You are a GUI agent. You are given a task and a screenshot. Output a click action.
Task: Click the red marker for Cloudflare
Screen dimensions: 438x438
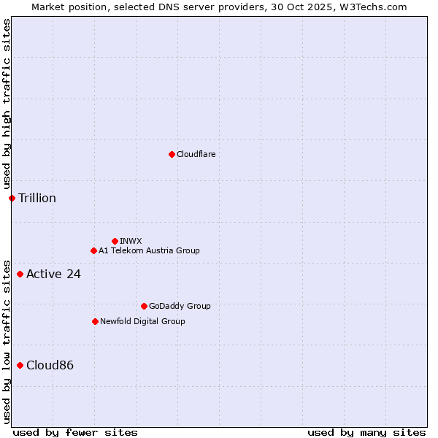[x=172, y=154]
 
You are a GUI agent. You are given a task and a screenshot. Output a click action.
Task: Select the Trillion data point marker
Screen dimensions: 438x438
[x=12, y=198]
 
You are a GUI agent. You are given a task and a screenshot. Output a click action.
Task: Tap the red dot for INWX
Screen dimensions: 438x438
[x=115, y=241]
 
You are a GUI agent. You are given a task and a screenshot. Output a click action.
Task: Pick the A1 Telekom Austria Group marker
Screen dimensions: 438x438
[x=93, y=250]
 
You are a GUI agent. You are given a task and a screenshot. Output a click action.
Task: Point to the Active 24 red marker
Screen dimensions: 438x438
[x=20, y=274]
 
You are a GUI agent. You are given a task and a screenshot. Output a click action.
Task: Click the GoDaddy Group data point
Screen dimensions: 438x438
[x=144, y=306]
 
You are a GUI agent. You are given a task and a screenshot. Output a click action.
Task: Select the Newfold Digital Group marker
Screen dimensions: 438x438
[x=95, y=321]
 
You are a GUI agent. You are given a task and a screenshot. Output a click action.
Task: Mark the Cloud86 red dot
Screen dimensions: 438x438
[x=20, y=365]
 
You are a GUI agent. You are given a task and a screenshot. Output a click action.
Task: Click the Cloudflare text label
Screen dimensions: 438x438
[x=196, y=154]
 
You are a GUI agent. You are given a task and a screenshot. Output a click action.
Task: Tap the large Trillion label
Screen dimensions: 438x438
[x=37, y=198]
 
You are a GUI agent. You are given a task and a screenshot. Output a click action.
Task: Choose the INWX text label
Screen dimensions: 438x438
[x=131, y=241]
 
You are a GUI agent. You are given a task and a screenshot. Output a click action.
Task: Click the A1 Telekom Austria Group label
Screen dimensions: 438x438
[x=149, y=250]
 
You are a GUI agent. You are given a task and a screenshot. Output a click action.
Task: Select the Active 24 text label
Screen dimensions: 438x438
[x=53, y=274]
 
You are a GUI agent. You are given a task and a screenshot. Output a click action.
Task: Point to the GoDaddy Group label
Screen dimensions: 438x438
[x=180, y=306]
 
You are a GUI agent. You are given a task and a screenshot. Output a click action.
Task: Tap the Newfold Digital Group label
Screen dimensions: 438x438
[x=142, y=321]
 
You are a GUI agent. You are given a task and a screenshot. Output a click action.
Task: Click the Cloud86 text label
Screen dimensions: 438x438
[x=50, y=365]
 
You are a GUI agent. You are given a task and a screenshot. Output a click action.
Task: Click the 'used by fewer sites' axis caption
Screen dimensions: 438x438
[x=75, y=432]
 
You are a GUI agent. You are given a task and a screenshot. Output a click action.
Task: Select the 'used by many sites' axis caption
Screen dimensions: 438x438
[x=366, y=432]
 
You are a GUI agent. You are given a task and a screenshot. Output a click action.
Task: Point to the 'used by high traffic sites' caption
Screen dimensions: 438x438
[x=7, y=104]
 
